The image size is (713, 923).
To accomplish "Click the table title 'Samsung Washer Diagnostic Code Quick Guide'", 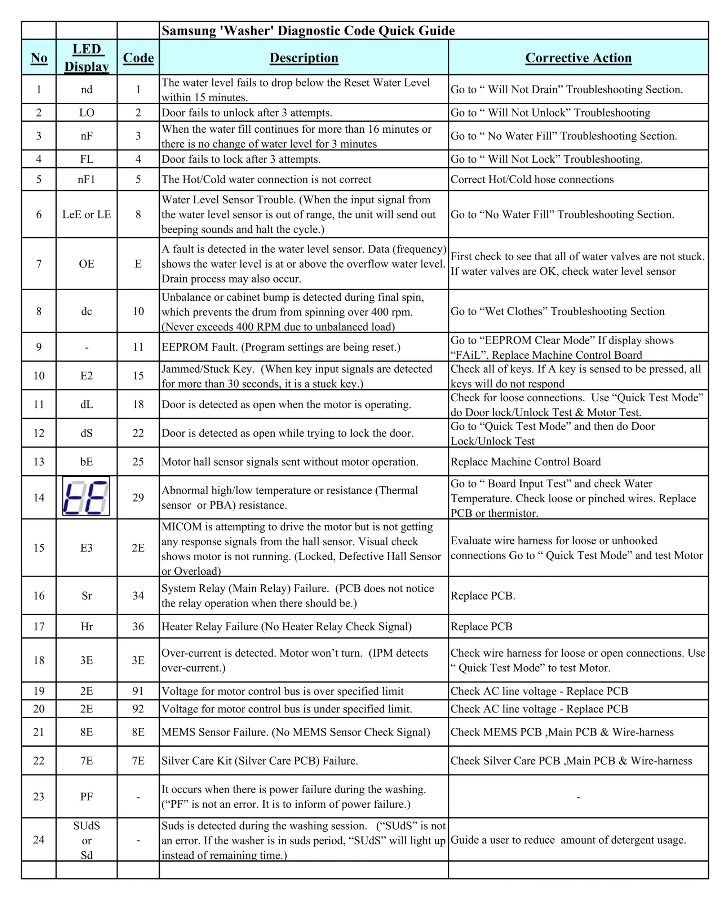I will [308, 30].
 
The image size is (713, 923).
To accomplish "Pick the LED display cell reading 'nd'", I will [87, 89].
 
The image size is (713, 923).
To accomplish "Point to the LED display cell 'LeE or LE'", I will [87, 214].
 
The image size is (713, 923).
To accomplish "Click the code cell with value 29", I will [138, 498].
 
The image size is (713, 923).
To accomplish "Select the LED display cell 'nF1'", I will [87, 179].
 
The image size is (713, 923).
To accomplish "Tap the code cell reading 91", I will [138, 691].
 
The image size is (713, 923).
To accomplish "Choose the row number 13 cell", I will [39, 461].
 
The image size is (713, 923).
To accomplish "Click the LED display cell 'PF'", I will [87, 797].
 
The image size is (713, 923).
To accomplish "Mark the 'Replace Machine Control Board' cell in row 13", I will [525, 461].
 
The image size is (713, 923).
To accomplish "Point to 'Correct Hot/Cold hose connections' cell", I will [532, 179].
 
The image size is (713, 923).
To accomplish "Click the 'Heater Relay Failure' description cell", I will [287, 626].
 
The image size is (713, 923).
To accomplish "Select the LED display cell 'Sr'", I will [87, 596].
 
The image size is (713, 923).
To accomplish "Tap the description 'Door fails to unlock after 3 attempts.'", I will [247, 112].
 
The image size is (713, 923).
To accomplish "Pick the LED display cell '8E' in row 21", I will [87, 732].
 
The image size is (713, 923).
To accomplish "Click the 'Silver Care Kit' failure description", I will [260, 761].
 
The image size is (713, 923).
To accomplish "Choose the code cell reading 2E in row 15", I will [138, 548].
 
